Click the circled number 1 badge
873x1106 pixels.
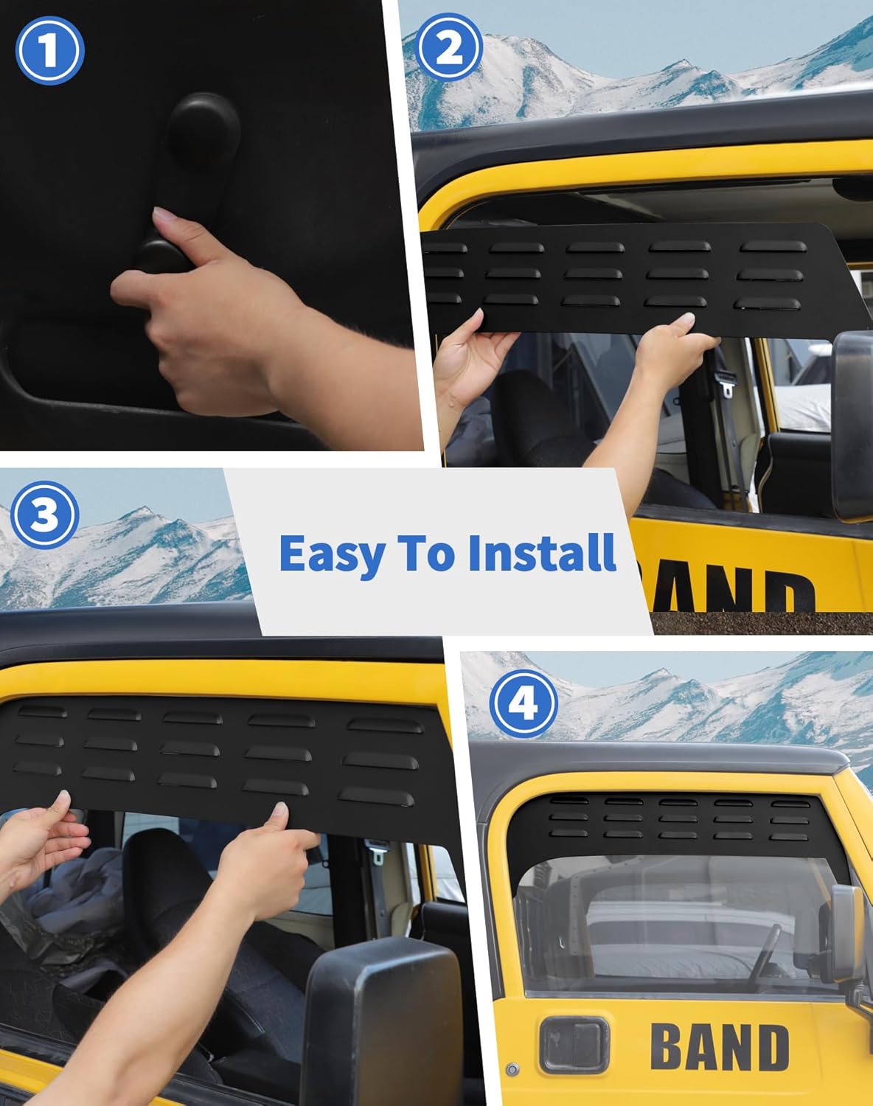pyautogui.click(x=49, y=50)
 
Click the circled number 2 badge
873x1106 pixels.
pyautogui.click(x=449, y=47)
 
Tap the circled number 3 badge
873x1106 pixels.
pyautogui.click(x=44, y=514)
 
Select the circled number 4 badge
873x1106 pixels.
pyautogui.click(x=523, y=705)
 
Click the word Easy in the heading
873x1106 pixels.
pyautogui.click(x=331, y=554)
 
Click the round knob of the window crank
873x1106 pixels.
pyautogui.click(x=204, y=123)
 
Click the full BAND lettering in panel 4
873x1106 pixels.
pyautogui.click(x=719, y=1047)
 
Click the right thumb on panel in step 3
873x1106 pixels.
pyautogui.click(x=279, y=815)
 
